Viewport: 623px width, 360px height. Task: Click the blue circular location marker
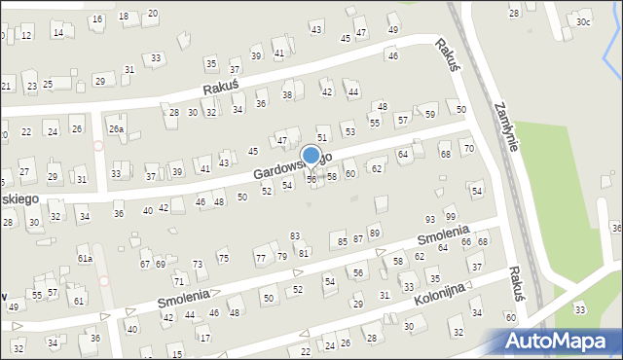[x=311, y=155]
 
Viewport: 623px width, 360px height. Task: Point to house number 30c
[x=582, y=21]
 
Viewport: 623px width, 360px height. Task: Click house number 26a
[x=116, y=129]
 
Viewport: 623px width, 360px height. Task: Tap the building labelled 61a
[x=85, y=258]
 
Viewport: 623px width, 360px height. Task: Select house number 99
[x=450, y=216]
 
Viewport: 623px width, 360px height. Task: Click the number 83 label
[x=295, y=236]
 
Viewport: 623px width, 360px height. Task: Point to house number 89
[x=374, y=234]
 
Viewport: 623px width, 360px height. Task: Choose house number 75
[x=223, y=258]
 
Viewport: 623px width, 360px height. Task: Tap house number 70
[x=468, y=148]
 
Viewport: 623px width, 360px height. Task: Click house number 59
[x=429, y=115]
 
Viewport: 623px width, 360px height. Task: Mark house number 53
[x=349, y=131]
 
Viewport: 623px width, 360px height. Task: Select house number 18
[x=123, y=18]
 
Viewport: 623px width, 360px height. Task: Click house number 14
[x=58, y=33]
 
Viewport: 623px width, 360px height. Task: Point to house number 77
[x=260, y=258]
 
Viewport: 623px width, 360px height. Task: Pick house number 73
[x=198, y=265]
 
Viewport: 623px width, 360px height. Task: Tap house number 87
[x=358, y=238]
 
